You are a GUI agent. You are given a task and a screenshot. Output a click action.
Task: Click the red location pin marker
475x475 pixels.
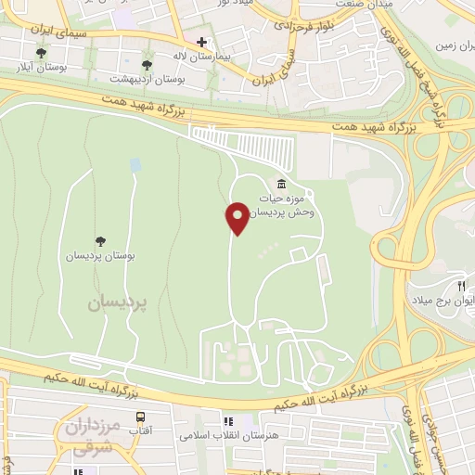coord(237,217)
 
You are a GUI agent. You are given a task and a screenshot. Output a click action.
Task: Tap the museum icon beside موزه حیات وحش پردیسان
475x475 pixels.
coord(282,183)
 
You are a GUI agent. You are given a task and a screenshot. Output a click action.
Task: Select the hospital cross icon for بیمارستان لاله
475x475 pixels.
coord(200,43)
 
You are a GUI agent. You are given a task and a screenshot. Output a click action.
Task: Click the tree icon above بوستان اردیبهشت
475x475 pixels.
coord(147,64)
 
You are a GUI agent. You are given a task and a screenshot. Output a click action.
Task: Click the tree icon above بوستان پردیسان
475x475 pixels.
coord(100,241)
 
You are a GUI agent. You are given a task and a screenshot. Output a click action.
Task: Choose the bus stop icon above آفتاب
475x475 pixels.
coord(141,417)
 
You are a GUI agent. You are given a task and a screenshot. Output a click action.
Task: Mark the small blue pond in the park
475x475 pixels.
coord(135,165)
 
